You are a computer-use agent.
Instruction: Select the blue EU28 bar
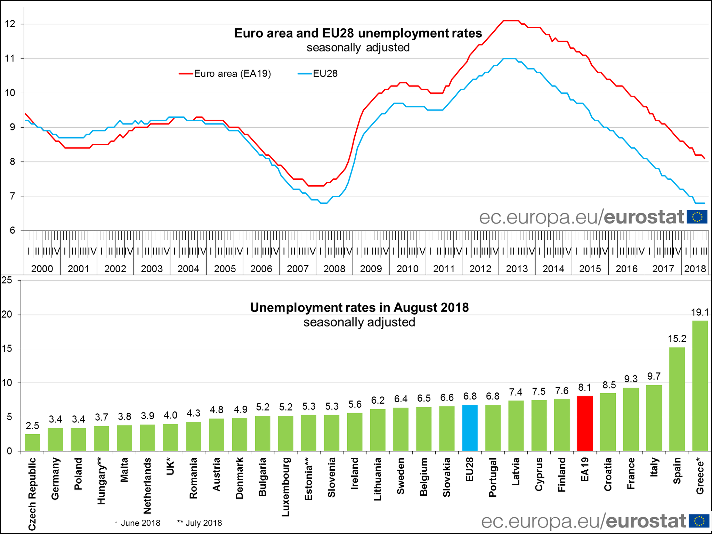pyautogui.click(x=470, y=428)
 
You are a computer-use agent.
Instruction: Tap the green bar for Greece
pyautogui.click(x=700, y=386)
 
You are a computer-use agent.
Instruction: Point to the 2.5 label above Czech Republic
pyautogui.click(x=32, y=426)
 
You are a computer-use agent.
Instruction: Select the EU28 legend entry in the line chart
pyautogui.click(x=318, y=74)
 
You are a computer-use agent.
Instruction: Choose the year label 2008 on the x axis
pyautogui.click(x=334, y=269)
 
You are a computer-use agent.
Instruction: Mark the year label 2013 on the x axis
pyautogui.click(x=517, y=269)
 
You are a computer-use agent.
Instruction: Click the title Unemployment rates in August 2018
pyautogui.click(x=359, y=308)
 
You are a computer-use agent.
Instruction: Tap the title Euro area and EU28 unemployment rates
pyautogui.click(x=358, y=33)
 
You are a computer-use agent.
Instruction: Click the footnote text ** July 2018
pyautogui.click(x=200, y=523)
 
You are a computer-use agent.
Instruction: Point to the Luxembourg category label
pyautogui.click(x=285, y=487)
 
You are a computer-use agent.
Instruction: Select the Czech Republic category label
pyautogui.click(x=32, y=494)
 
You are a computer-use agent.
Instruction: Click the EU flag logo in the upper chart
pyautogui.click(x=697, y=217)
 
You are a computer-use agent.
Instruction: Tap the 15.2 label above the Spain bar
pyautogui.click(x=677, y=339)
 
